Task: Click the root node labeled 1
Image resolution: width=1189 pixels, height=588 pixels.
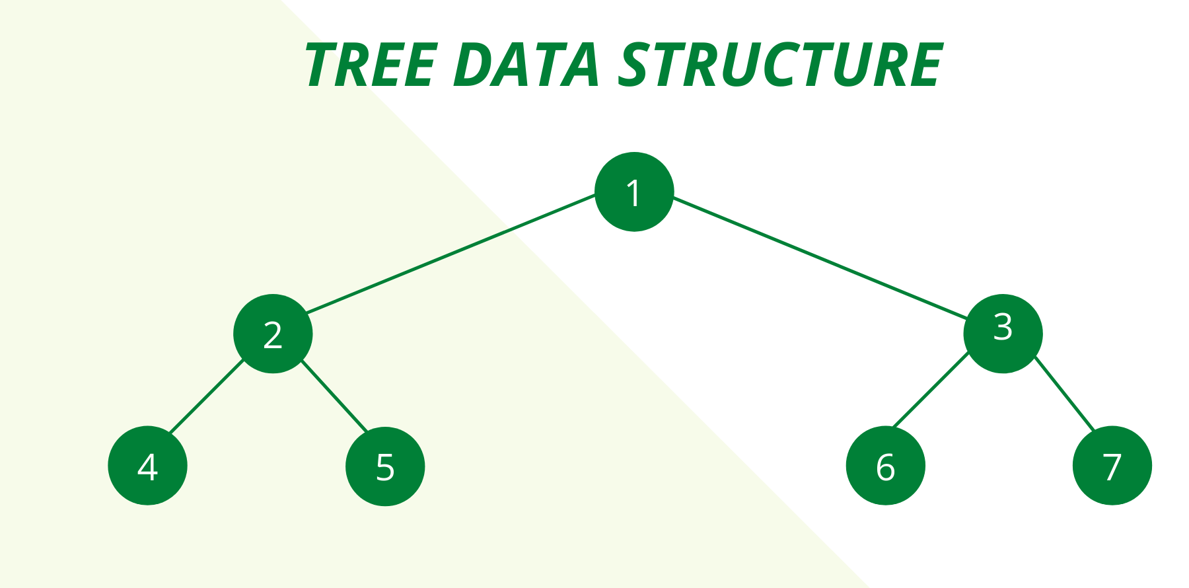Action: tap(634, 192)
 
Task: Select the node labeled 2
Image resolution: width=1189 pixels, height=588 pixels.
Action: tap(273, 334)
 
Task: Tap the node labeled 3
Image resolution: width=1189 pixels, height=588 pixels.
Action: tap(1003, 334)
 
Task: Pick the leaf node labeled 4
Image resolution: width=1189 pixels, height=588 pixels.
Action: tap(147, 466)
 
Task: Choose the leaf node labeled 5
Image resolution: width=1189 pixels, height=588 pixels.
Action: tap(385, 466)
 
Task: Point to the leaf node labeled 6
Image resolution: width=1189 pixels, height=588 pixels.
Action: tap(885, 466)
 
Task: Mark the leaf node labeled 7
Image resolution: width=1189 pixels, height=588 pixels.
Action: tap(1112, 466)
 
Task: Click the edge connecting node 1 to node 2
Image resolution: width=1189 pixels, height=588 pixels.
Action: tap(451, 253)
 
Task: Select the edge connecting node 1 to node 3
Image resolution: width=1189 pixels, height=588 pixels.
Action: tap(820, 257)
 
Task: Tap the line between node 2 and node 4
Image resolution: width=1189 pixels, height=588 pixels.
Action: tap(207, 396)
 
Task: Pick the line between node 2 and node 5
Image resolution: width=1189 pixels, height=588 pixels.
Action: tap(334, 396)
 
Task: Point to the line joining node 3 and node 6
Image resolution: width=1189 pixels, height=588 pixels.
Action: tap(931, 390)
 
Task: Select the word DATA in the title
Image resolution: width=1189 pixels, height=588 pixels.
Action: tap(526, 65)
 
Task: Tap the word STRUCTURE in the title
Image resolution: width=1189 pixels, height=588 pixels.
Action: tap(781, 65)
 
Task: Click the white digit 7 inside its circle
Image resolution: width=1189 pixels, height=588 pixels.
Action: tap(1112, 467)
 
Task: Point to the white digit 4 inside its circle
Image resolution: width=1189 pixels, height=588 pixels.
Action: tap(147, 467)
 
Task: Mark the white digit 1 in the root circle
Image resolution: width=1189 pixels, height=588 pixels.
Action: tap(634, 193)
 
